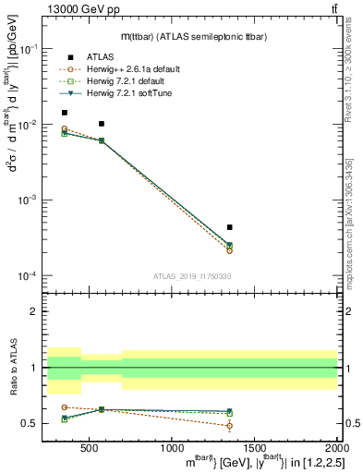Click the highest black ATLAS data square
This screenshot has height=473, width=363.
(x=64, y=113)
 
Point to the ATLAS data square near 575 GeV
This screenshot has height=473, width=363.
(x=102, y=124)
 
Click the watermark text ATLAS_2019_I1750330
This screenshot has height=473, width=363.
(x=191, y=275)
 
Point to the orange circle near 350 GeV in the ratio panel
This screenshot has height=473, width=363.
(x=64, y=407)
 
